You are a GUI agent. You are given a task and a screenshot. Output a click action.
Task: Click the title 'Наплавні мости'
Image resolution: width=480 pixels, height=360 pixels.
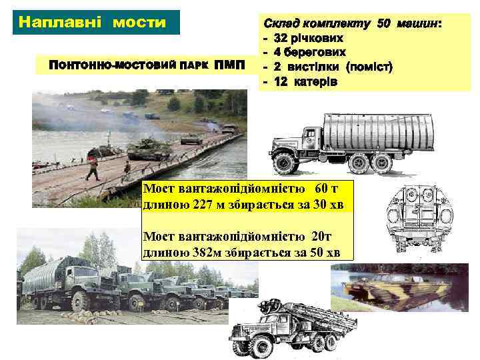93,22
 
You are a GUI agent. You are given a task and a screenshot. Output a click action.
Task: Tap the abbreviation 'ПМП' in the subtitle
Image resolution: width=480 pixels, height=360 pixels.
229,67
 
